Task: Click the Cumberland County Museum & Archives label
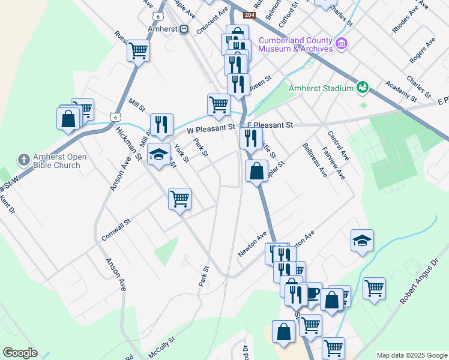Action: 295,44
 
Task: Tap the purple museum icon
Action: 342,43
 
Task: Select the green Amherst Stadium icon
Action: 363,88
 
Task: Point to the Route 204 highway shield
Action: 249,15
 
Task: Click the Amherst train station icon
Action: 184,28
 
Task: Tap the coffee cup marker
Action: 312,292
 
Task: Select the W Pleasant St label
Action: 210,128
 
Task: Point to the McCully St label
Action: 161,347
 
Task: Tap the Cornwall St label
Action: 116,230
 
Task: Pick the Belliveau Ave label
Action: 315,160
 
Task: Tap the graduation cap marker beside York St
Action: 158,155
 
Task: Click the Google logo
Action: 20,353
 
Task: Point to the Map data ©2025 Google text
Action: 411,355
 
